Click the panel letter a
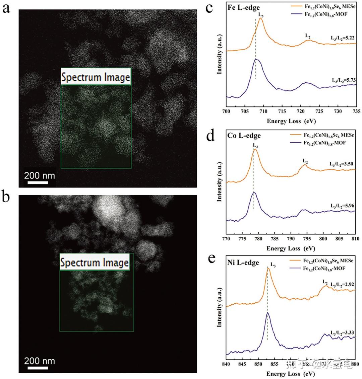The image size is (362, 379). [x=6, y=8]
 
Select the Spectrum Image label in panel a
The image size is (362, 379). [x=96, y=77]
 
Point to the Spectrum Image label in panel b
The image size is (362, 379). [x=95, y=262]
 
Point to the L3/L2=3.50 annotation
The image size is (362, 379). [x=341, y=164]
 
